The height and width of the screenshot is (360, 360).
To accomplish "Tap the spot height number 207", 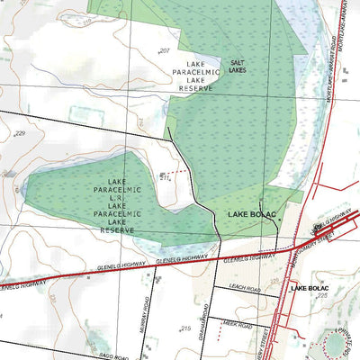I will (x=164, y=50).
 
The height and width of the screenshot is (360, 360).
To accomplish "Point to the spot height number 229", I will (x=20, y=133).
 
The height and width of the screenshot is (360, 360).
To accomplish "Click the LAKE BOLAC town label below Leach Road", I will (x=313, y=288).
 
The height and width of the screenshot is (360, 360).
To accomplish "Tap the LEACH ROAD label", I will (x=244, y=288).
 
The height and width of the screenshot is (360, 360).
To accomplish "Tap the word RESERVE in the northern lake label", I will (x=195, y=89).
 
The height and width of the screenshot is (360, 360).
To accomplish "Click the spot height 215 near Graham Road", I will (x=185, y=329).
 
